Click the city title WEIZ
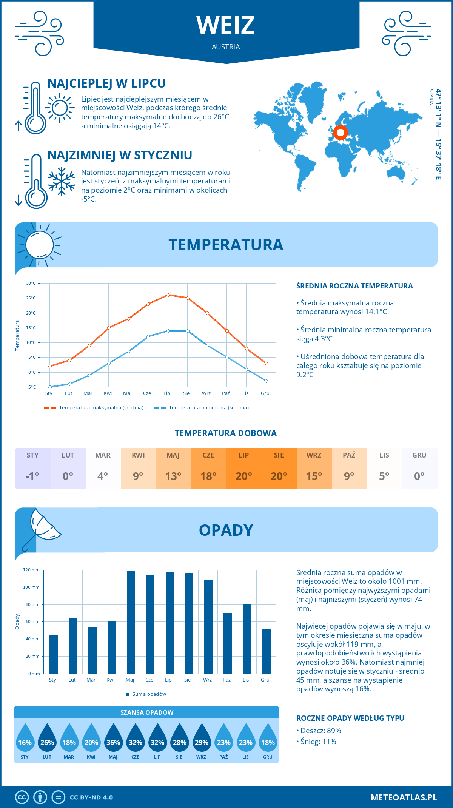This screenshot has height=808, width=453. (x=226, y=25)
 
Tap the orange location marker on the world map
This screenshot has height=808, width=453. (x=341, y=133)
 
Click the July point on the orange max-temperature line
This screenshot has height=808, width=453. (x=168, y=295)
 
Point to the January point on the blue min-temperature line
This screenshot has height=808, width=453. (x=50, y=387)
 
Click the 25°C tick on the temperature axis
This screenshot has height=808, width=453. (x=31, y=298)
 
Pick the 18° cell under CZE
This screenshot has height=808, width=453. (x=208, y=476)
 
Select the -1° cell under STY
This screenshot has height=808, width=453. (x=32, y=476)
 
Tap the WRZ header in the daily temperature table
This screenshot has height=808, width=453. (x=314, y=455)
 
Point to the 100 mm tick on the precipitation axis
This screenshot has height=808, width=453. (x=31, y=587)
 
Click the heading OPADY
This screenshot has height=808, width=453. (x=226, y=530)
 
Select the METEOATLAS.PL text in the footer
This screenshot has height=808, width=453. (x=404, y=797)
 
